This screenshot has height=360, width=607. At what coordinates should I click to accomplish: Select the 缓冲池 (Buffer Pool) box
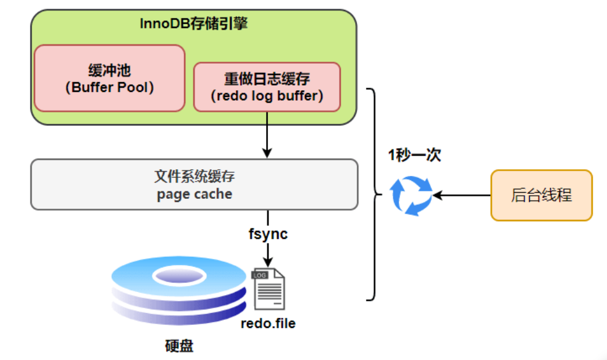pyautogui.click(x=109, y=78)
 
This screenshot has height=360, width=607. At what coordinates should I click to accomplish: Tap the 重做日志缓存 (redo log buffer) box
pyautogui.click(x=267, y=87)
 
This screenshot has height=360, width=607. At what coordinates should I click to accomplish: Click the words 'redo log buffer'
pyautogui.click(x=267, y=96)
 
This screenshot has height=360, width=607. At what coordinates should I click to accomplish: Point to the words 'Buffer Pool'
pyautogui.click(x=109, y=87)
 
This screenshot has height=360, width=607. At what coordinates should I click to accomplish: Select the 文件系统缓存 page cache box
pyautogui.click(x=194, y=185)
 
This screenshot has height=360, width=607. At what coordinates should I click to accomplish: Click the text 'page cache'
pyautogui.click(x=194, y=194)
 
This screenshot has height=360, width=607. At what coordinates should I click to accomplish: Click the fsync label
pyautogui.click(x=267, y=235)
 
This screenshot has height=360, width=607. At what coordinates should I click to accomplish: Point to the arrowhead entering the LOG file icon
pyautogui.click(x=267, y=262)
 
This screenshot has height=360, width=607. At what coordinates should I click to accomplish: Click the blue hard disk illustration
pyautogui.click(x=179, y=289)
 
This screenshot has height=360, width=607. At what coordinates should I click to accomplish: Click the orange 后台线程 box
pyautogui.click(x=541, y=195)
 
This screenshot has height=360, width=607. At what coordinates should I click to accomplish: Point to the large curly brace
pyautogui.click(x=372, y=195)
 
